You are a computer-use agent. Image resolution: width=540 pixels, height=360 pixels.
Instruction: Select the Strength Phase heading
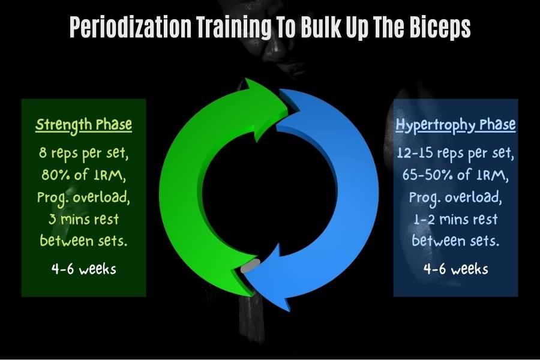[83, 125]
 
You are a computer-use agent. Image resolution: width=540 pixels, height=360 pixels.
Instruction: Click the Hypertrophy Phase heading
[455, 125]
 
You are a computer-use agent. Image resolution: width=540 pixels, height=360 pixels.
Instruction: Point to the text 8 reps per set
[83, 153]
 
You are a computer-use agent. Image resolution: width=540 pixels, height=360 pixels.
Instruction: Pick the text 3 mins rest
[83, 219]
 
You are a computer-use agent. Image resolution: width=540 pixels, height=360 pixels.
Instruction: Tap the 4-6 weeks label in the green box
[83, 269]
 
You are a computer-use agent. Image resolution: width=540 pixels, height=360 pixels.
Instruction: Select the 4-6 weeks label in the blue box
[455, 269]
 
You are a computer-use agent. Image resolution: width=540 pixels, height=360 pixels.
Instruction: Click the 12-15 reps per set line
[455, 153]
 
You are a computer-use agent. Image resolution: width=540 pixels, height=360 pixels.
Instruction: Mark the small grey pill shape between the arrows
[250, 266]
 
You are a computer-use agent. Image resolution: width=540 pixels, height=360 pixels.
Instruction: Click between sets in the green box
[83, 241]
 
